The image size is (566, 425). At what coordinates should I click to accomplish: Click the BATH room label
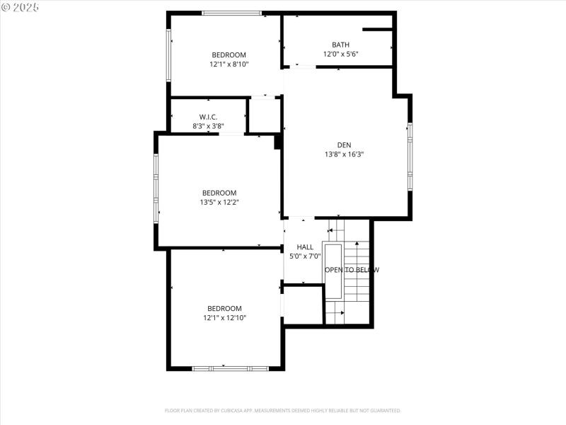(340, 45)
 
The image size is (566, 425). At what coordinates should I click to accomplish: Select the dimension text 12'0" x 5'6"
(340, 54)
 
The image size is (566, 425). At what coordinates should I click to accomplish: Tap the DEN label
(344, 144)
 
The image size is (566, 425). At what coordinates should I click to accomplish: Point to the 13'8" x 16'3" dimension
(344, 154)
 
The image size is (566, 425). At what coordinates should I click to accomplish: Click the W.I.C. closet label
(208, 117)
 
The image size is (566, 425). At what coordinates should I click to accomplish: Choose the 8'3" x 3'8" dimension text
(208, 126)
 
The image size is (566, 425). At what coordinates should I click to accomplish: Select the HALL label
(305, 247)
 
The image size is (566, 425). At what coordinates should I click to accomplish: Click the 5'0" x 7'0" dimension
(305, 256)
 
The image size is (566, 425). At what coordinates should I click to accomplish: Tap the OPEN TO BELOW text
(352, 270)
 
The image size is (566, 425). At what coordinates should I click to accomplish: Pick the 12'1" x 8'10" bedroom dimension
(229, 64)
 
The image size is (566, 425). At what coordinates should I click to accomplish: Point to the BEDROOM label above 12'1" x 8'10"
(229, 55)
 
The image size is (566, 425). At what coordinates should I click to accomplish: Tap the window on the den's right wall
(410, 157)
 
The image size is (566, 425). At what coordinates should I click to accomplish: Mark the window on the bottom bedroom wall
(230, 368)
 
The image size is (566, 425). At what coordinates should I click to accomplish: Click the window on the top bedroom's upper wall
(231, 13)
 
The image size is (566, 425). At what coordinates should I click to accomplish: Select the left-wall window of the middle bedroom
(156, 189)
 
